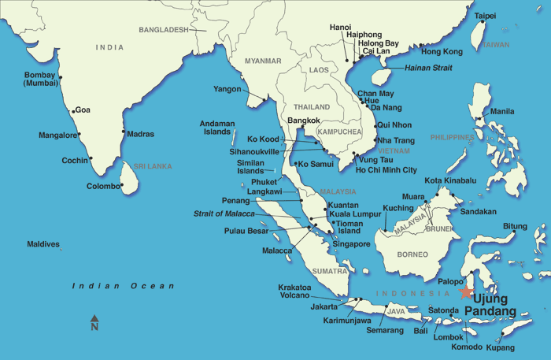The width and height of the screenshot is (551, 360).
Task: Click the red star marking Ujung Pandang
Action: click(466, 291)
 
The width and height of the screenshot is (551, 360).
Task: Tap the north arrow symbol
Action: click(94, 322)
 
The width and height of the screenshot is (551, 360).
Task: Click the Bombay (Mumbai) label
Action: click(40, 79)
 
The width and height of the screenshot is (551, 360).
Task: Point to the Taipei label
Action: click(485, 16)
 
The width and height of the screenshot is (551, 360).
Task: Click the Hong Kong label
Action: click(442, 52)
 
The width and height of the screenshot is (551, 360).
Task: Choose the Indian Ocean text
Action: click(123, 286)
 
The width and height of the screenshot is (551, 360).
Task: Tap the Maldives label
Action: click(43, 244)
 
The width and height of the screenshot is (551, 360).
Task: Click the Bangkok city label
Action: click(304, 121)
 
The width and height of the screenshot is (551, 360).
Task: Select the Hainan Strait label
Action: click(428, 69)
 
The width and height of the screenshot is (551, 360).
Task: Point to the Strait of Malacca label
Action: click(224, 213)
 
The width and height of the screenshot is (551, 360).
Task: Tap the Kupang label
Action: click(500, 347)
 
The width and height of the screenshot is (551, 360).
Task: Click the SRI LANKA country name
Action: click(153, 166)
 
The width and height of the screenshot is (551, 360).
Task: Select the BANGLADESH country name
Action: click(164, 30)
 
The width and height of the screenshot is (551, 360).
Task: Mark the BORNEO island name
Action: click(412, 254)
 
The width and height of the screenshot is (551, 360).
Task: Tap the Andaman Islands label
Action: click(217, 128)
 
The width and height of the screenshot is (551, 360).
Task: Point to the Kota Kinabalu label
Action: click(450, 180)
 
